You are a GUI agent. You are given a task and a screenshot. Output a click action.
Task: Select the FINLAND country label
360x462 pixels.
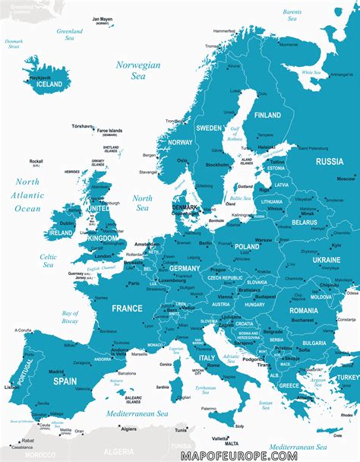(267, 115)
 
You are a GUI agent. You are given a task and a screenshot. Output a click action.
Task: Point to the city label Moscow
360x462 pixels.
(346, 178)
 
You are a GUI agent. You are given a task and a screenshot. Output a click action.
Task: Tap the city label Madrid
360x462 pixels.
(56, 372)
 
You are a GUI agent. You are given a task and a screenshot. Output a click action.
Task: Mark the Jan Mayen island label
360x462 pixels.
(101, 19)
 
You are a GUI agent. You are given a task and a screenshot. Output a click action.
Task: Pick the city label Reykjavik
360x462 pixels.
(40, 78)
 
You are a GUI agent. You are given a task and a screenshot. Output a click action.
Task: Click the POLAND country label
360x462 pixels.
(247, 246)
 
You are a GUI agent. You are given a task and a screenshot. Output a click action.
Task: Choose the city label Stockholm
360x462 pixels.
(217, 164)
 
